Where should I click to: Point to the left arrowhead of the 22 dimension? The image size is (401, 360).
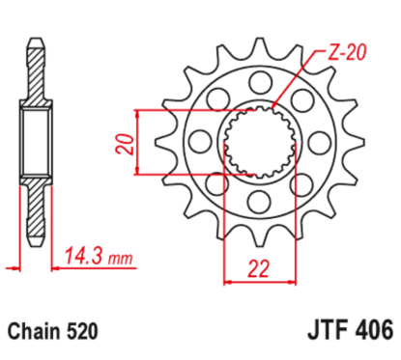pyautogui.click(x=228, y=283)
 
